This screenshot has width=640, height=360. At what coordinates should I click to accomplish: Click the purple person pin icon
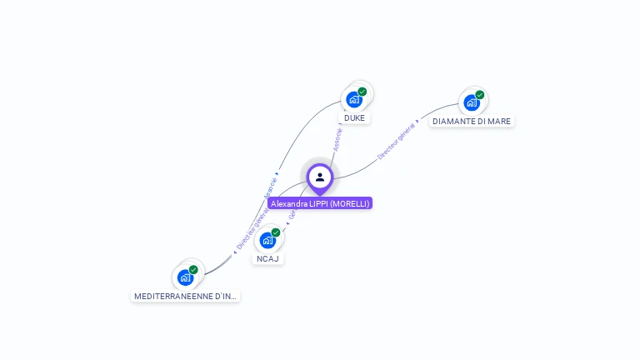(x=320, y=177)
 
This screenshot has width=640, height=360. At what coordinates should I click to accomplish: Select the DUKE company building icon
(x=354, y=99)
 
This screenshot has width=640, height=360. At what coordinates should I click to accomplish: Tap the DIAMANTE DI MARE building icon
(x=472, y=102)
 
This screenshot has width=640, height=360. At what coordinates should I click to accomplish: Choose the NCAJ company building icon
(x=267, y=240)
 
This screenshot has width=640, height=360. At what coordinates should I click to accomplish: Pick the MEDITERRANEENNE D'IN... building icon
(x=185, y=277)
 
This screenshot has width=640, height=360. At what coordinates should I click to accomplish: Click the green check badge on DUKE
(x=362, y=92)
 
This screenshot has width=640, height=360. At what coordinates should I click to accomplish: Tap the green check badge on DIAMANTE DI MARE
(x=480, y=95)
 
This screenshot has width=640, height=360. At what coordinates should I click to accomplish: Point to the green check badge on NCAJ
(x=276, y=232)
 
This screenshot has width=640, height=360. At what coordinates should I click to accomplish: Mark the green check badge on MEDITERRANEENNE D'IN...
(x=193, y=270)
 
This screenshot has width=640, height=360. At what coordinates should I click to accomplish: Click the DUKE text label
(x=354, y=118)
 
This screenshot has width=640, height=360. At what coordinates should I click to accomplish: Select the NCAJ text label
(x=267, y=259)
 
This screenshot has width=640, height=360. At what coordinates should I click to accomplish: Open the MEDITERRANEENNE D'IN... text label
(x=186, y=297)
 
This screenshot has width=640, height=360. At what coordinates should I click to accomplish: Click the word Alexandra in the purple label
(x=288, y=203)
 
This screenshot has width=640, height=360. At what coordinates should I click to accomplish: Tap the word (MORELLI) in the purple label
(x=349, y=203)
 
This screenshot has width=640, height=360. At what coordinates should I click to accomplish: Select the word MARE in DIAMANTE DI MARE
(x=499, y=122)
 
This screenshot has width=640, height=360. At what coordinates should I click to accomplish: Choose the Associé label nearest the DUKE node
(x=337, y=138)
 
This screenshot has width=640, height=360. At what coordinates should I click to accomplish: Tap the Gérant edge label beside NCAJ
(x=292, y=214)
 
